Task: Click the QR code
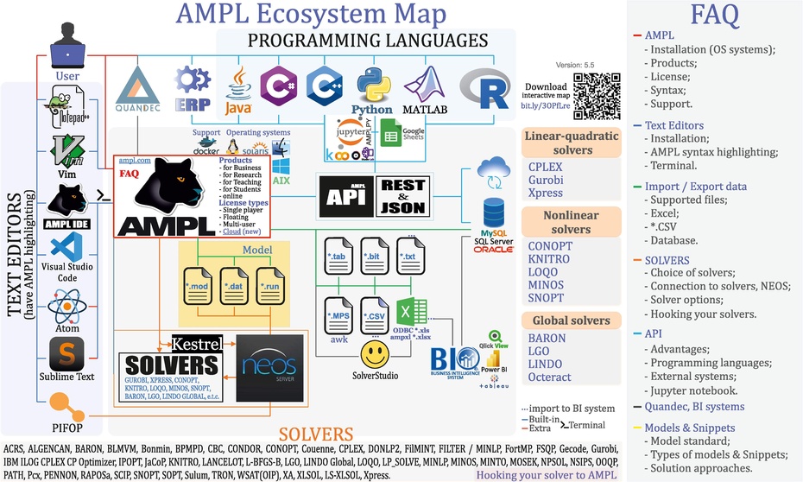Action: (x=598, y=95)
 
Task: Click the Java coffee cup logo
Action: (x=237, y=89)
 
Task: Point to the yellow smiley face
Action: (x=374, y=354)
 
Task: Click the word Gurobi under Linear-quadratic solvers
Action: (x=546, y=180)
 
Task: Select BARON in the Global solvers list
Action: (x=547, y=339)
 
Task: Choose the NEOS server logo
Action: (x=269, y=361)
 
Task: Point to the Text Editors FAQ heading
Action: (x=674, y=125)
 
